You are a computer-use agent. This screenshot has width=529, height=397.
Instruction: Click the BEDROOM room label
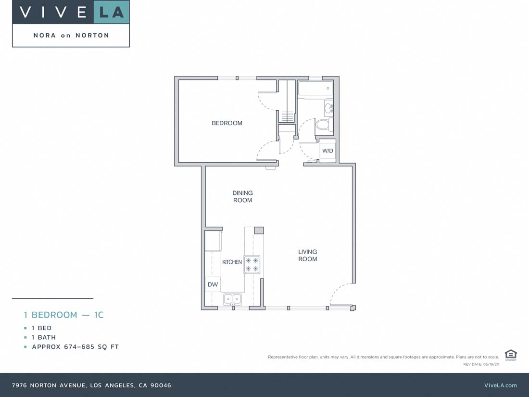tap(227, 123)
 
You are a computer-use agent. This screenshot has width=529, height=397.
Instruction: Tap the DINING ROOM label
tap(242, 197)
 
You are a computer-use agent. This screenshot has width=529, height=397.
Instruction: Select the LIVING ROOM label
tap(307, 256)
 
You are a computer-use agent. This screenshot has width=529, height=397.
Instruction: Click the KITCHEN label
tap(232, 262)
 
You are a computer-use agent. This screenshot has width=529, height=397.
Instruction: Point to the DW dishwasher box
tap(213, 284)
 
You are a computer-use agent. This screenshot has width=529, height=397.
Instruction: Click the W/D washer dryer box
tap(327, 151)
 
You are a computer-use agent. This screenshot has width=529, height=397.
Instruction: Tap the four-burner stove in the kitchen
tap(252, 265)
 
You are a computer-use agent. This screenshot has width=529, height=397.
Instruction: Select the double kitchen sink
tap(232, 299)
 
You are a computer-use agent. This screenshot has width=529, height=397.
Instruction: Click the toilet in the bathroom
tap(323, 125)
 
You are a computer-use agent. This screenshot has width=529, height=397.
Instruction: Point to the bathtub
tap(315, 89)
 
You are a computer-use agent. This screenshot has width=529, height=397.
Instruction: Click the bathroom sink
tap(328, 108)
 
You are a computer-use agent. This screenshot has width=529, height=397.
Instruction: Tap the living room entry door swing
tap(340, 295)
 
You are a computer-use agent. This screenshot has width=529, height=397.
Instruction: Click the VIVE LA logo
tap(71, 12)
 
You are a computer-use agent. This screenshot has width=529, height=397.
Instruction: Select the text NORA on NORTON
tap(71, 36)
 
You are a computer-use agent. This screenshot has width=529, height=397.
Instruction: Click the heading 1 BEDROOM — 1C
tap(64, 315)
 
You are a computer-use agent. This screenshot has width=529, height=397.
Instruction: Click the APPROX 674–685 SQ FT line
tap(75, 347)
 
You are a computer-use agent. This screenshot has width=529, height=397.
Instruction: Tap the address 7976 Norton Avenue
tap(91, 385)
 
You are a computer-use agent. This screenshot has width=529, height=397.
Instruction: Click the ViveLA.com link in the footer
tap(500, 385)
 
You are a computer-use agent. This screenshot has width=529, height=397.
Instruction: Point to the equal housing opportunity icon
tap(510, 355)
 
